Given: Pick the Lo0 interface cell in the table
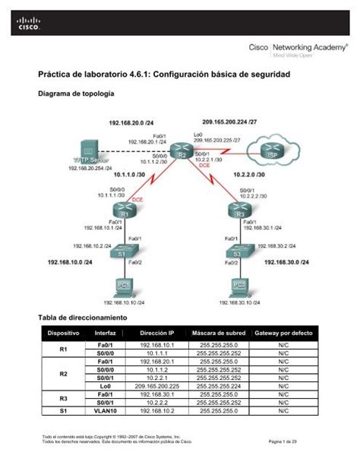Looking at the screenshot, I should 106,386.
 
